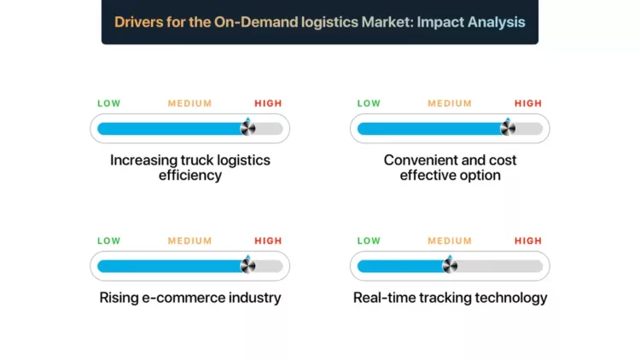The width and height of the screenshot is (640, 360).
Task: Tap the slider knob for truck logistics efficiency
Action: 247,129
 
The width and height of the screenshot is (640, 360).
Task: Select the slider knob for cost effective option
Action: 507,129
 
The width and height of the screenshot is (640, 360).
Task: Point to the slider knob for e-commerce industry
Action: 247,265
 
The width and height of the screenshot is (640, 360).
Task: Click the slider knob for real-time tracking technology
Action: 450,265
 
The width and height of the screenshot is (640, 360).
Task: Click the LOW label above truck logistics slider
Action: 109,103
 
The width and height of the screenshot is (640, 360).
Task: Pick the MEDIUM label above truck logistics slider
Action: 189,103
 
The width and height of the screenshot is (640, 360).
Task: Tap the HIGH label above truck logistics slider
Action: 268,103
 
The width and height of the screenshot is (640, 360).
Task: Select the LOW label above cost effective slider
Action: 369,103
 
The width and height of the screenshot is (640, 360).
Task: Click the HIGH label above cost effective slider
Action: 528,103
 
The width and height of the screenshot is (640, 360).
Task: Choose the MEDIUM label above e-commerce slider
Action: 189,241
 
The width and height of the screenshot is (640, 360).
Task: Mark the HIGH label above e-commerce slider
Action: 268,241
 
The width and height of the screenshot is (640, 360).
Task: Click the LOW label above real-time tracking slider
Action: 369,241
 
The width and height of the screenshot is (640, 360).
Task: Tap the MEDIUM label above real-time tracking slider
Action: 450,241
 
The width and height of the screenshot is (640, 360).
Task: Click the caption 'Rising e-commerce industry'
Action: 189,298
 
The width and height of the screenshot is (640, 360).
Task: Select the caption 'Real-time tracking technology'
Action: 450,298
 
